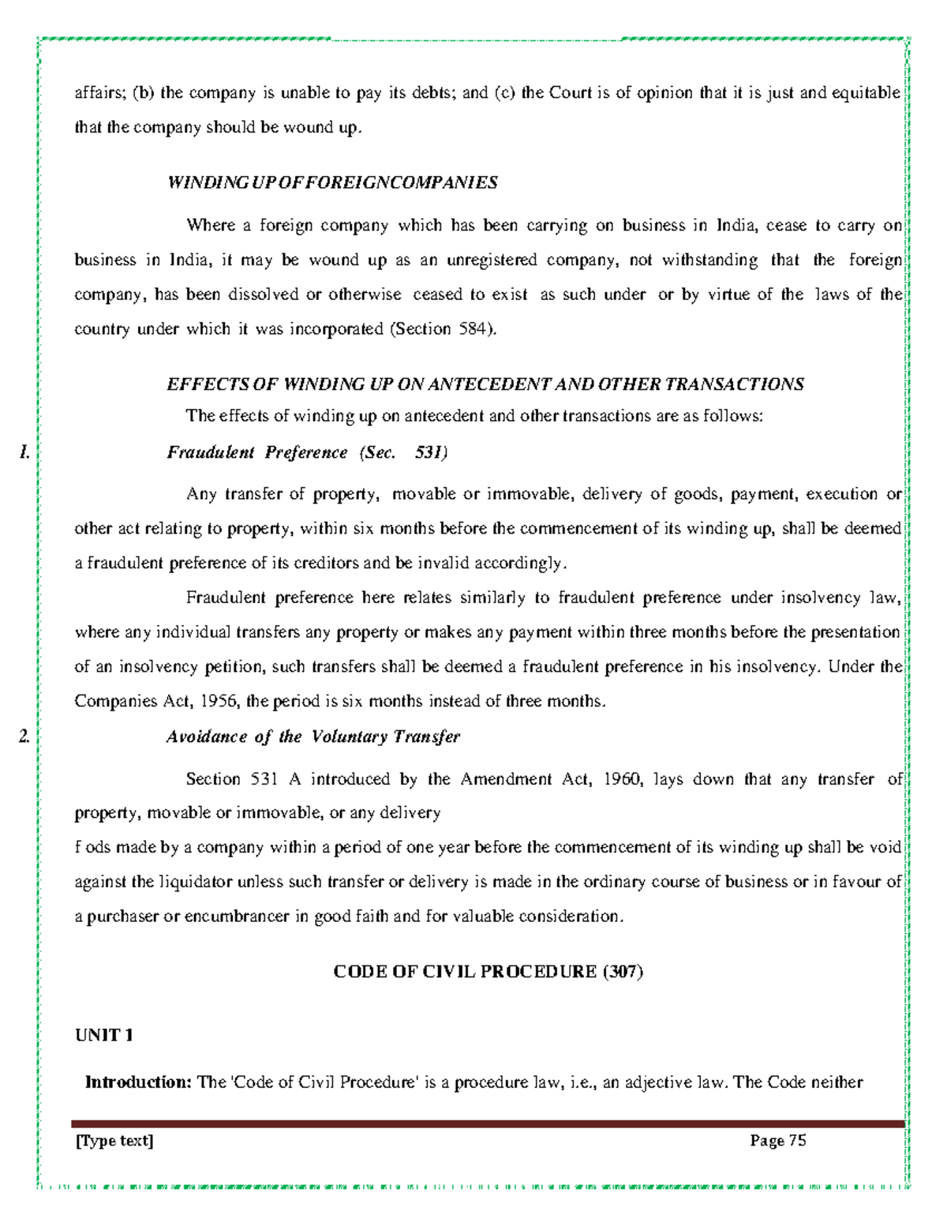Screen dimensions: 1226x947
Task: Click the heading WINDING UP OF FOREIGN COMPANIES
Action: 332,183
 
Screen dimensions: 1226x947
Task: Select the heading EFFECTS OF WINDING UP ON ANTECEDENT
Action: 485,384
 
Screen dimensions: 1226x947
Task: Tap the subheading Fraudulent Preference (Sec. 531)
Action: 307,452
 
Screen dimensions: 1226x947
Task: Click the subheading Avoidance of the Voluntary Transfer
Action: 313,737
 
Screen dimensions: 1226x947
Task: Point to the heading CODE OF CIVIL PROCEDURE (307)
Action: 488,972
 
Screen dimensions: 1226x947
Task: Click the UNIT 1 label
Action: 103,1035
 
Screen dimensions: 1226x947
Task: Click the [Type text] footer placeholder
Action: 114,1140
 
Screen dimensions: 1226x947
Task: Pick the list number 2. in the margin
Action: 24,737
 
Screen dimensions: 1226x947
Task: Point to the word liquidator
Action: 194,882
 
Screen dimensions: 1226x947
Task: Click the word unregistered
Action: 492,260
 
